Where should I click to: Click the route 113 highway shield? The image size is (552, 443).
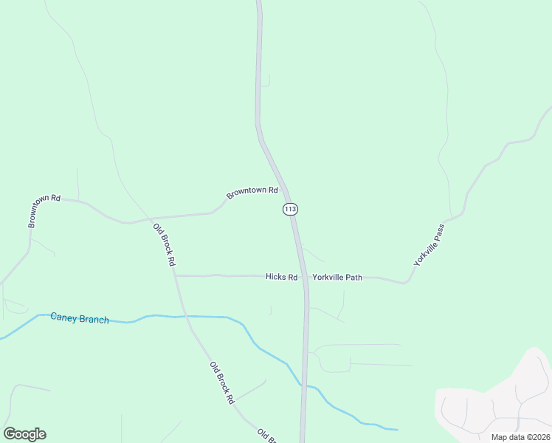(x=290, y=210)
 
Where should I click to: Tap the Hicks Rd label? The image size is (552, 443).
(x=281, y=278)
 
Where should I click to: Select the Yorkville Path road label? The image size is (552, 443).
(x=337, y=278)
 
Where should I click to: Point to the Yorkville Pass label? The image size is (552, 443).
(x=429, y=244)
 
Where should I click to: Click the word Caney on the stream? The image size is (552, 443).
(x=63, y=317)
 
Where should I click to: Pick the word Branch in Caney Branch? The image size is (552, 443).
(x=94, y=320)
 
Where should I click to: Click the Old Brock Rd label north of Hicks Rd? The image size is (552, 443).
(x=164, y=244)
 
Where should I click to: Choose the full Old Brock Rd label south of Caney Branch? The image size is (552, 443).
(x=221, y=382)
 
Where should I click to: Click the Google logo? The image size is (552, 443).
(x=24, y=434)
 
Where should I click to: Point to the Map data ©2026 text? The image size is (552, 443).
(x=520, y=437)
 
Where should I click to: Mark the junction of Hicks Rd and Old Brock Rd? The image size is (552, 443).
(x=175, y=275)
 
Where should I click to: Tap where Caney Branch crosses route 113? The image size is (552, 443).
(x=303, y=385)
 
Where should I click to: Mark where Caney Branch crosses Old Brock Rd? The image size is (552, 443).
(x=185, y=316)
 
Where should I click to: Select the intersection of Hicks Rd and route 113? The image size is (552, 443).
(x=304, y=277)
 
